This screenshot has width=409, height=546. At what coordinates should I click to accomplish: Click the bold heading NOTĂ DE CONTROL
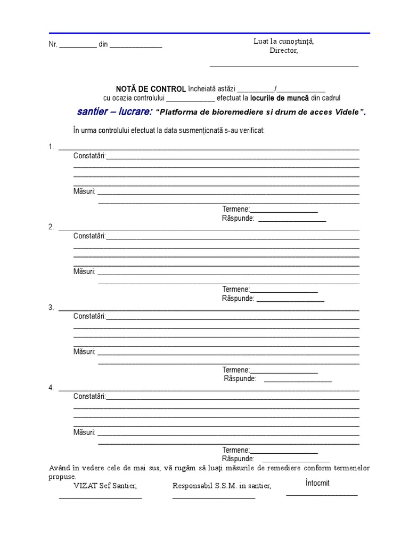click(151, 89)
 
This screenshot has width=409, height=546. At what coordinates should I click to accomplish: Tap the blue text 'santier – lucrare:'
click(114, 112)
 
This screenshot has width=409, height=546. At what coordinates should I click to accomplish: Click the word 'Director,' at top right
click(284, 51)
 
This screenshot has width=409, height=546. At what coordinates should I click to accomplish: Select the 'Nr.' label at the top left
click(53, 45)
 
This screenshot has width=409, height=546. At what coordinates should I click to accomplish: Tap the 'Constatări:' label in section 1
click(89, 156)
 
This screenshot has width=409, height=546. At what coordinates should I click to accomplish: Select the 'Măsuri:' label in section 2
click(84, 271)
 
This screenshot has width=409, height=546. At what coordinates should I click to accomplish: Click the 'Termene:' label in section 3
click(236, 370)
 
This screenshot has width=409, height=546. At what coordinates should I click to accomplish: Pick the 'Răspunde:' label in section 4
click(238, 459)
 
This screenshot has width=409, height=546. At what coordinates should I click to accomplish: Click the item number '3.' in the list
click(51, 308)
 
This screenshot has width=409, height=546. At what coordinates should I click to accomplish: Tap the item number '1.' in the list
click(51, 147)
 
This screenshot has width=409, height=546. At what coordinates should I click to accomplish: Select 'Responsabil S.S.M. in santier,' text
click(222, 486)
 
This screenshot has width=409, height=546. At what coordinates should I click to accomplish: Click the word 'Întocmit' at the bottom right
click(318, 483)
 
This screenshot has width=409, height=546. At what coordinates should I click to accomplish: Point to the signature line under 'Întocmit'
click(322, 495)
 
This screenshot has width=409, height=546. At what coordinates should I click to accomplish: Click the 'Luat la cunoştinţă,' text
click(284, 42)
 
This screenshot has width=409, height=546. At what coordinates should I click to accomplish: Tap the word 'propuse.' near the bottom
click(62, 476)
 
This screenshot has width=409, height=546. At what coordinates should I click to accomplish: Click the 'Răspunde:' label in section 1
click(238, 218)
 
